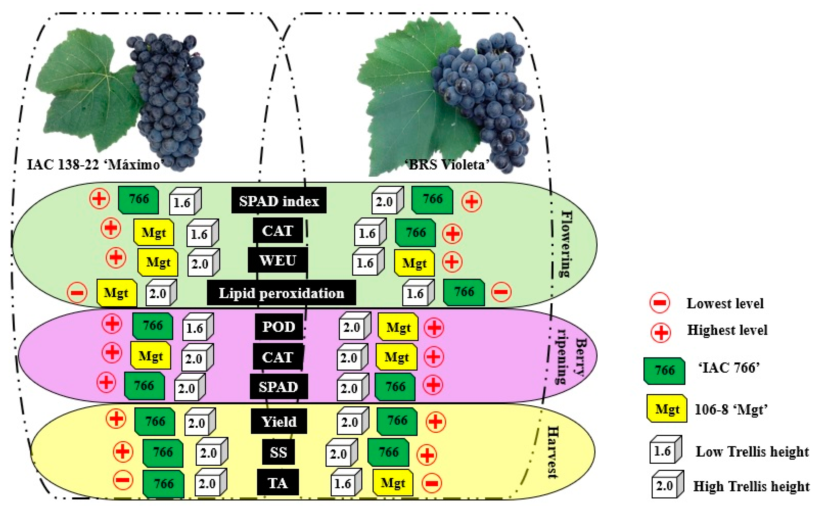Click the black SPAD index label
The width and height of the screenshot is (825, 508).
click(x=279, y=201)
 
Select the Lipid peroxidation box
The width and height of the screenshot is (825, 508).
click(x=281, y=293)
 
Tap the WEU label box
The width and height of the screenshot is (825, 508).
click(x=278, y=260)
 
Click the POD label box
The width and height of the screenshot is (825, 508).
click(x=279, y=326)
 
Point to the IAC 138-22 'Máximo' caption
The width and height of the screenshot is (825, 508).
click(x=94, y=165)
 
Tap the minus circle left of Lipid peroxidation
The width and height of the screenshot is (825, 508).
click(x=77, y=293)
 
